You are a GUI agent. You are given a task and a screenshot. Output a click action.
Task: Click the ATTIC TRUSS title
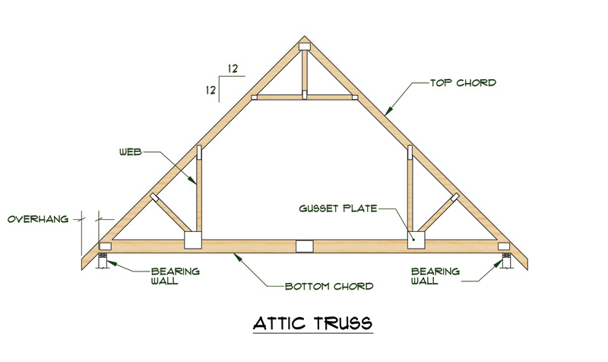(x=313, y=322)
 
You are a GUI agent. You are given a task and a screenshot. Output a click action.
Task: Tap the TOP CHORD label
(x=463, y=82)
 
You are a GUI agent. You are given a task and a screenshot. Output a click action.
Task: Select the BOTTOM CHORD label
(x=328, y=287)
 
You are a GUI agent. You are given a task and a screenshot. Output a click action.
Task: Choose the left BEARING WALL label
(x=175, y=275)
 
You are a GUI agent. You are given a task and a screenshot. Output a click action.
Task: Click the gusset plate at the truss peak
(x=305, y=47)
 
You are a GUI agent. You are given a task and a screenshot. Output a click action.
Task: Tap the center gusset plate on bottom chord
(x=304, y=246)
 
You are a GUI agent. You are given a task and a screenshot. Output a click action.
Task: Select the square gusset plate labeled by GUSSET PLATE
(x=414, y=240)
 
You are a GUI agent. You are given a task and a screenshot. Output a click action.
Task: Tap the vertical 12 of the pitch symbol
(x=208, y=89)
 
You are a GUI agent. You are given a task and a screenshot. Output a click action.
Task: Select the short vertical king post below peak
(x=304, y=72)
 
